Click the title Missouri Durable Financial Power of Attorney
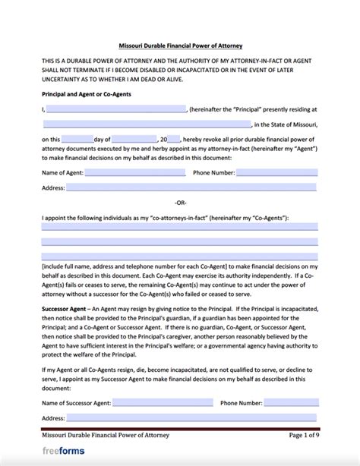(180, 46)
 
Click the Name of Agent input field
(135, 172)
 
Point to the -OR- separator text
(180, 202)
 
